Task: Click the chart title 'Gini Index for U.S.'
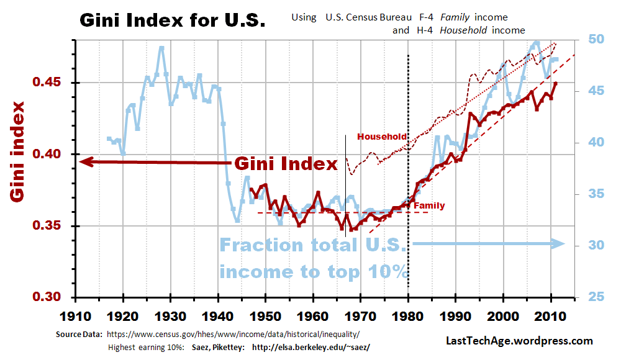(172, 20)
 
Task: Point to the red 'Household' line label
(382, 137)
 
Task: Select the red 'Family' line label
(429, 205)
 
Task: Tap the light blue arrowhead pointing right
(557, 244)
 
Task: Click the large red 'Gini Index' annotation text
(286, 164)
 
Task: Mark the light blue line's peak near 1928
(161, 47)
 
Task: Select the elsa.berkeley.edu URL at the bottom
(310, 347)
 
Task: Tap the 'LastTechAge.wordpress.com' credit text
(519, 341)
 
